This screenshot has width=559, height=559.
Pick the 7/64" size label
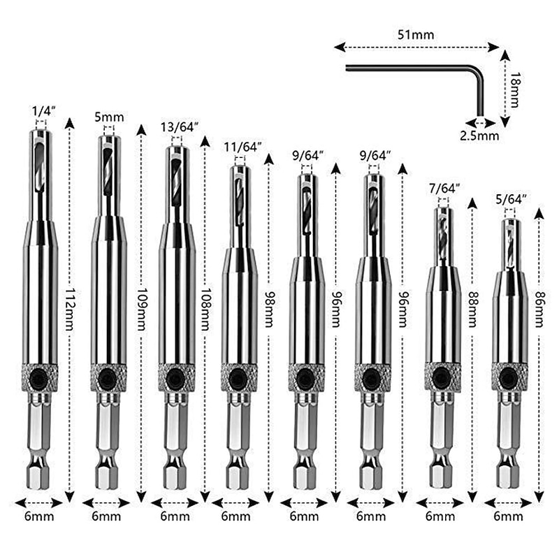tap(444, 188)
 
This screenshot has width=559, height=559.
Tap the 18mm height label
tap(514, 89)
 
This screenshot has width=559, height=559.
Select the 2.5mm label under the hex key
tap(479, 136)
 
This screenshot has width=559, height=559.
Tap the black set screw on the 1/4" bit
tap(41, 377)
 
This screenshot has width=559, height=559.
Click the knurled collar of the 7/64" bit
tap(442, 377)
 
